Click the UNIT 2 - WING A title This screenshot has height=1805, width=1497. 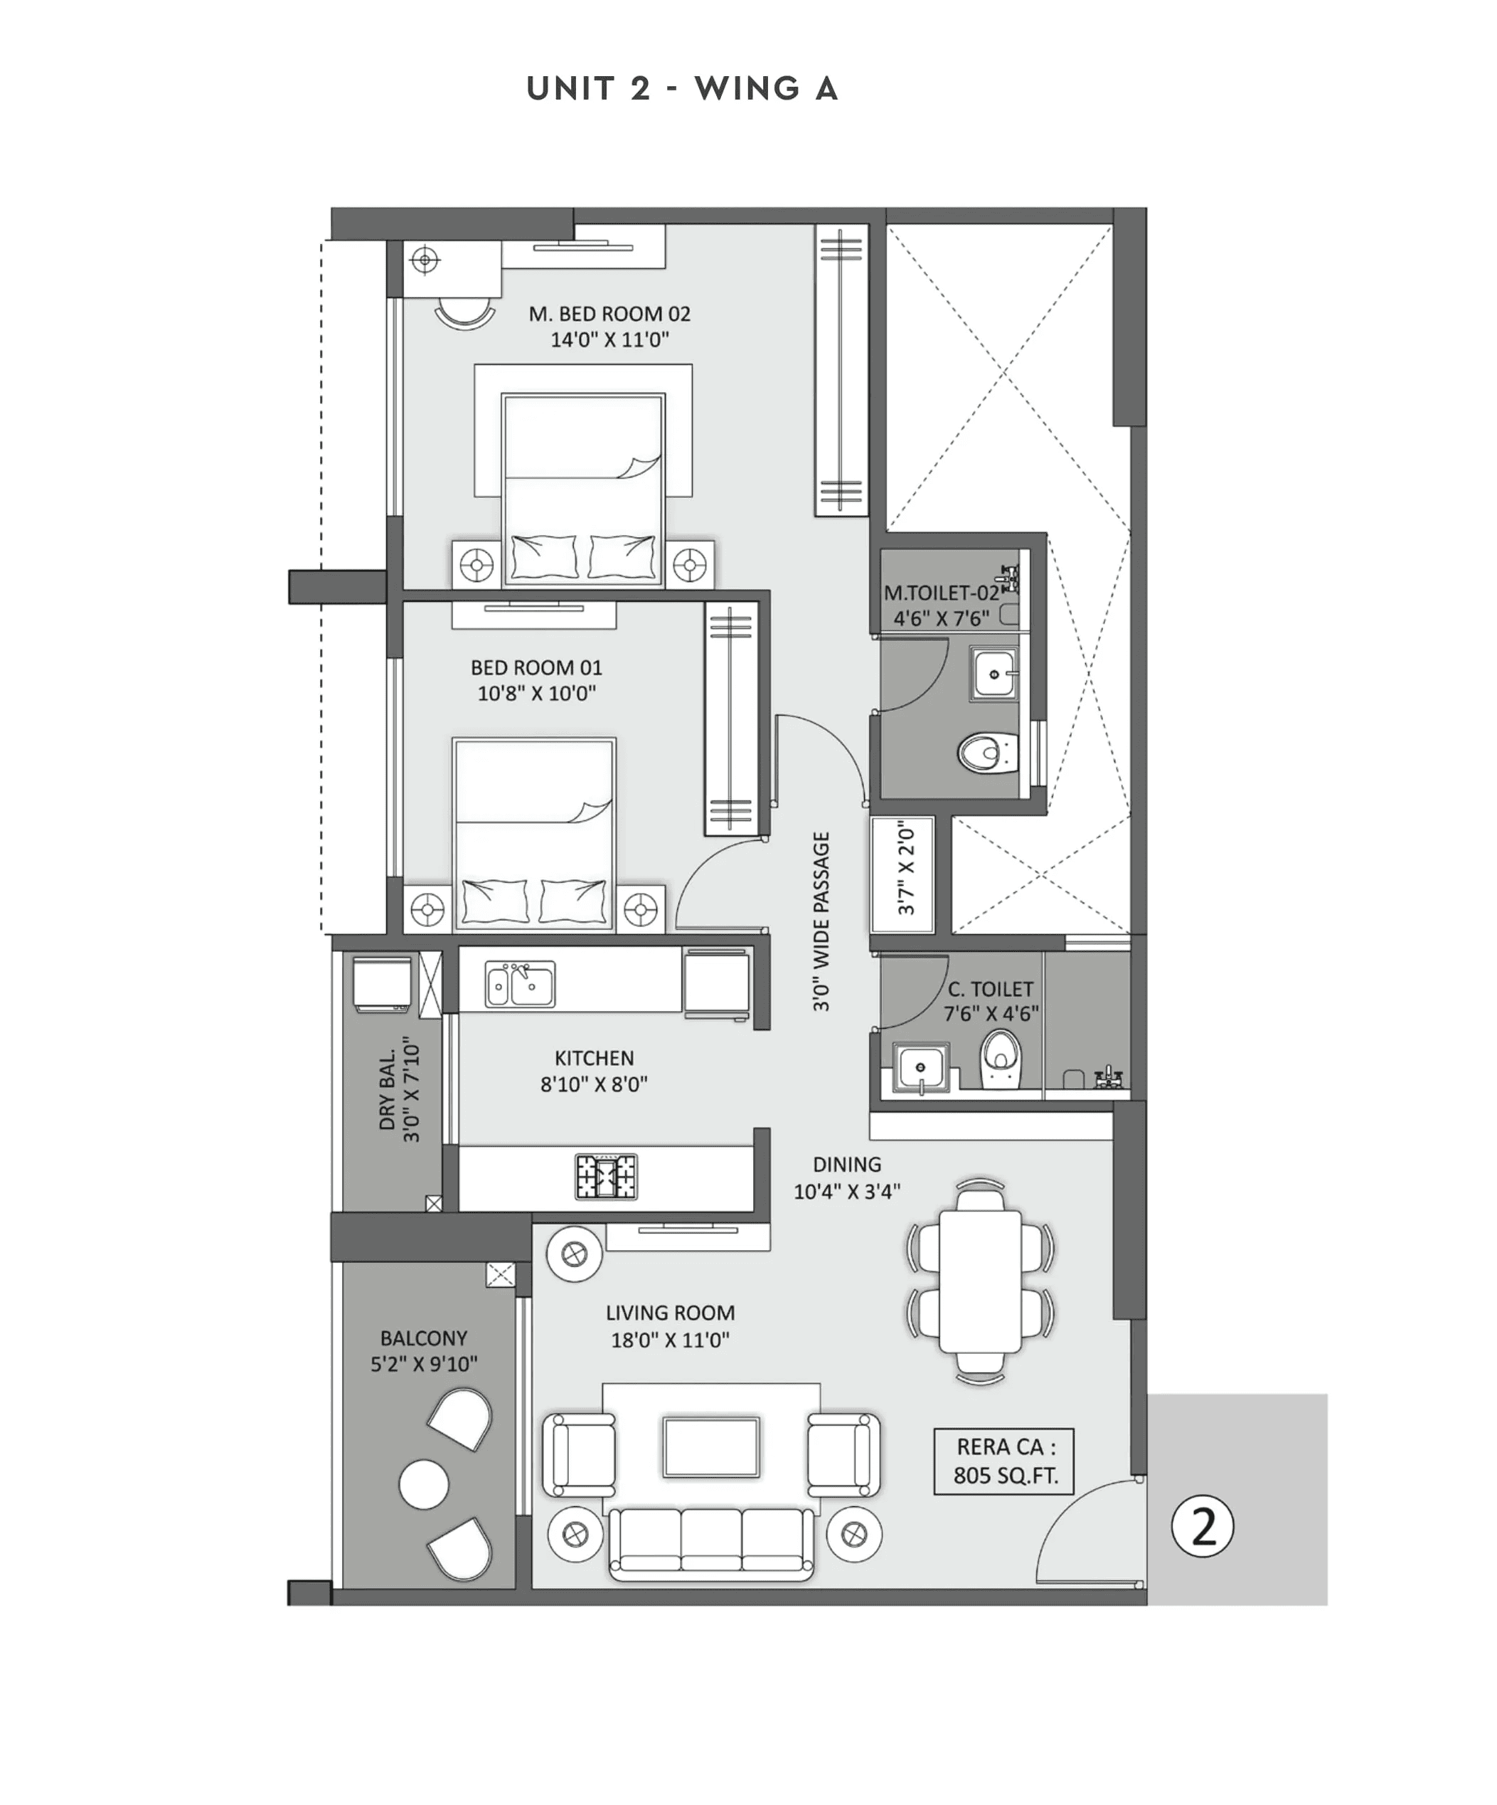click(681, 88)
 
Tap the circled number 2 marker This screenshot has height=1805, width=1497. click(1203, 1527)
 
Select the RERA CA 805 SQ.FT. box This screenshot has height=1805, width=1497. click(1003, 1461)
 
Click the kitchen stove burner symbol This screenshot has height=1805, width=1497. click(606, 1176)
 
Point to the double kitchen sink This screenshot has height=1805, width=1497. click(520, 984)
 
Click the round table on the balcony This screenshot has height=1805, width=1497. click(424, 1484)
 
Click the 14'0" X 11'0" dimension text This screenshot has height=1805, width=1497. click(609, 340)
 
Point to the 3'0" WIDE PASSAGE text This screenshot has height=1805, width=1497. click(821, 921)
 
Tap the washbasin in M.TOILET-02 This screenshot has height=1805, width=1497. click(994, 674)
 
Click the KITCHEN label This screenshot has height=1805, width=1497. click(594, 1058)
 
